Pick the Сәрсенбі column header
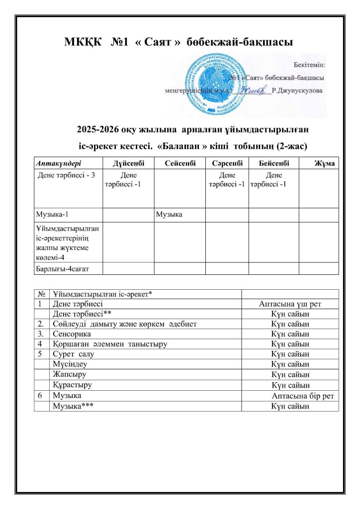(x=227, y=164)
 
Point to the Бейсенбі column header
(x=273, y=164)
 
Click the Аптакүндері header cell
(x=58, y=164)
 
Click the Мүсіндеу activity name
(x=68, y=364)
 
